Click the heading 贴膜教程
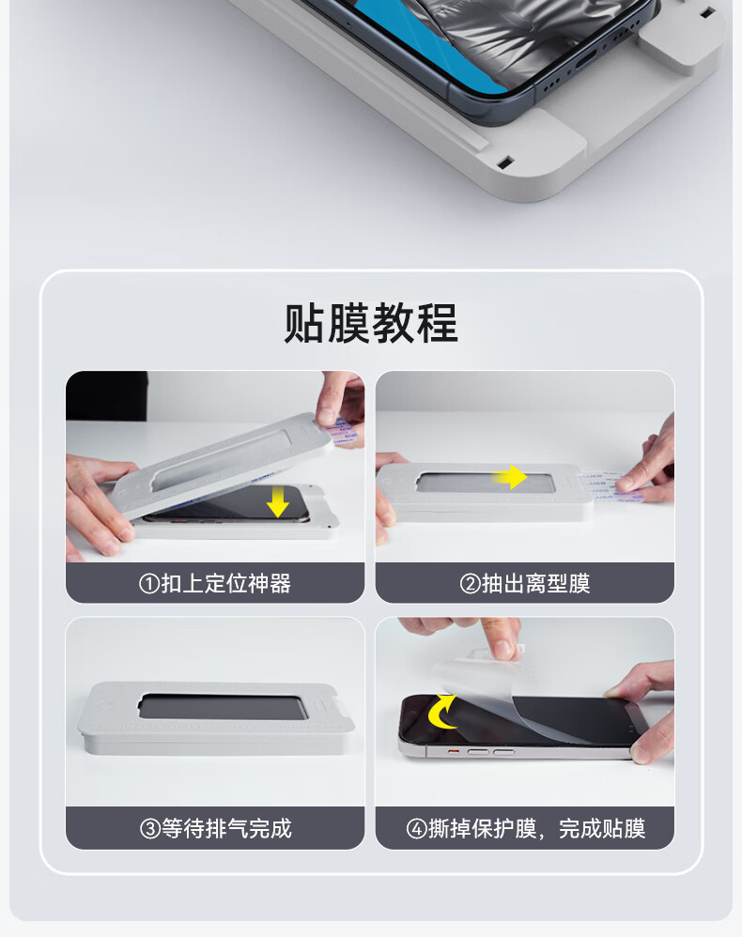(371, 323)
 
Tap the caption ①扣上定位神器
(215, 583)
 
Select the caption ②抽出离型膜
(525, 583)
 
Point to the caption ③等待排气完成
(215, 828)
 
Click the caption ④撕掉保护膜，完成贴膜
(526, 828)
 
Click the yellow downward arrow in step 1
(278, 501)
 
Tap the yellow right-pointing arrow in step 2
(509, 477)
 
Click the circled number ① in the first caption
(149, 584)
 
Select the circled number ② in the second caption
(470, 584)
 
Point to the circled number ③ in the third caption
(149, 829)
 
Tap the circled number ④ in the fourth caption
(416, 829)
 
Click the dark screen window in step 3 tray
(223, 707)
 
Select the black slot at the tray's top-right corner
(706, 12)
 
